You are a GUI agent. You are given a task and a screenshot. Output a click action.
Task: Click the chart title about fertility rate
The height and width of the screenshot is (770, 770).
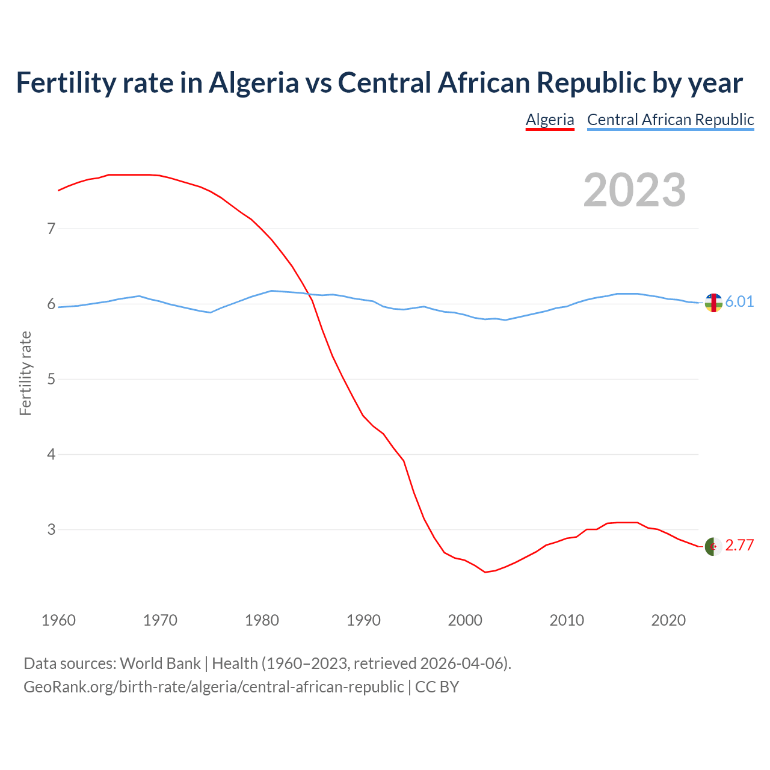tap(379, 82)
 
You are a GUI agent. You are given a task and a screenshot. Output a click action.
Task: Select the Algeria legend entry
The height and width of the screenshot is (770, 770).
tap(550, 120)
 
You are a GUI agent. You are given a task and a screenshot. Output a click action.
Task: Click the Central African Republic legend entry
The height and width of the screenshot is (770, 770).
tap(670, 120)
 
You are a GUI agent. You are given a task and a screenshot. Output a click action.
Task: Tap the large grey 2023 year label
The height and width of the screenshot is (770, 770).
tap(634, 190)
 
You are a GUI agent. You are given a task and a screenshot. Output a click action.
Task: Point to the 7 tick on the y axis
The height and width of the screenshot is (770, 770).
tap(51, 229)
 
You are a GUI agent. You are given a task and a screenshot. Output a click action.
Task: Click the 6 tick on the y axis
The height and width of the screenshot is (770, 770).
tap(51, 304)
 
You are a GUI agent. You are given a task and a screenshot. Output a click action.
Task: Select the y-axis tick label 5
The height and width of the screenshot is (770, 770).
tap(51, 379)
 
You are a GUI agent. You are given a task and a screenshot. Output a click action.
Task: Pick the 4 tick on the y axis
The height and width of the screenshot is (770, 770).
tap(51, 454)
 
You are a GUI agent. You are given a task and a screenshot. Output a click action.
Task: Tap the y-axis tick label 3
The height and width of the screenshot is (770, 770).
tap(51, 529)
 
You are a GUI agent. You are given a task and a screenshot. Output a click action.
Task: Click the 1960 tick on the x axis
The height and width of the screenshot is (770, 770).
tap(58, 620)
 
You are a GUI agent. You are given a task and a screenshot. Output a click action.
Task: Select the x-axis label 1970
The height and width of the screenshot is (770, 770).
tap(160, 620)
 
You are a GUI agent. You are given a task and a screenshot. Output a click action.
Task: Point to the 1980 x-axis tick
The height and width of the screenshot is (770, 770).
tap(262, 620)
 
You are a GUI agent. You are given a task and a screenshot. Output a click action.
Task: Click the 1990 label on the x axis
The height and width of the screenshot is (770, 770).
tap(363, 620)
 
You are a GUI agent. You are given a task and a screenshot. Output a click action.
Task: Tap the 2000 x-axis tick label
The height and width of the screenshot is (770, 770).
tap(465, 620)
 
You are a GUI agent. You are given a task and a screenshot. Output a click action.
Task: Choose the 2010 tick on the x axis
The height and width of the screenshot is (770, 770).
tap(567, 620)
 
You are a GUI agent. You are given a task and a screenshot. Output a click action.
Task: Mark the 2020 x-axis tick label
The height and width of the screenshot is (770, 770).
tap(668, 620)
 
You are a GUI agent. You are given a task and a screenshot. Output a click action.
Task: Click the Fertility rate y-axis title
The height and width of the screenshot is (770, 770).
tap(25, 373)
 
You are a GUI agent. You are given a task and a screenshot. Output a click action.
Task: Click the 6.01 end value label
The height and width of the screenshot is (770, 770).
tap(739, 301)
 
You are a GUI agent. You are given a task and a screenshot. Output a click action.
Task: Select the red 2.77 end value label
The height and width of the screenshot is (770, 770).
tap(739, 545)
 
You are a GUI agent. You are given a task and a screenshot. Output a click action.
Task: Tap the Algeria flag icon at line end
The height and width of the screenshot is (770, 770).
tap(713, 547)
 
